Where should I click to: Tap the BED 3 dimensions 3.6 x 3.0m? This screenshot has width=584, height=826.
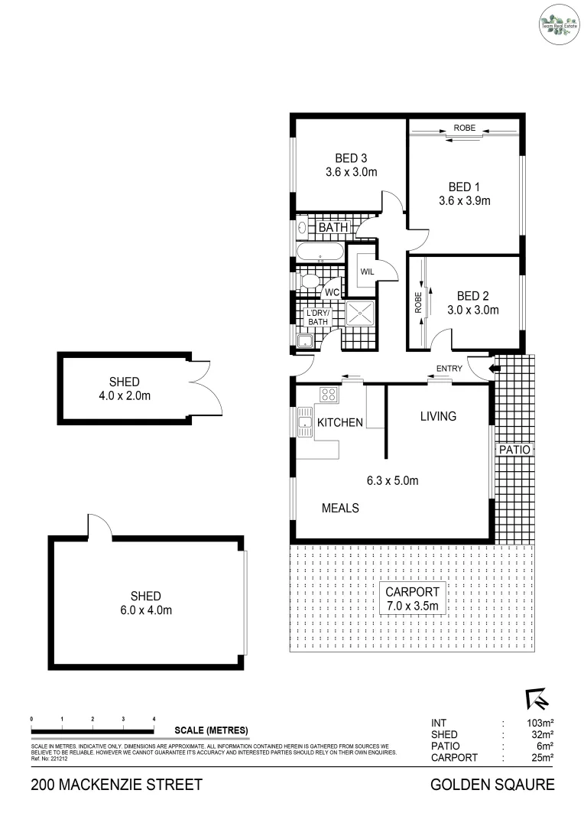[351, 172]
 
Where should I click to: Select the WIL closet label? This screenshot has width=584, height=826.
[366, 272]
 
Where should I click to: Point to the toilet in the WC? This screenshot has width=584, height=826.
[310, 284]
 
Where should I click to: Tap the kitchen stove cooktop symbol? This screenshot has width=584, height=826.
[329, 395]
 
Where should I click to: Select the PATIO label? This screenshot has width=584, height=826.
[514, 450]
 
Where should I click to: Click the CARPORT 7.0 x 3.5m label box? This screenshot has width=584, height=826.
[412, 599]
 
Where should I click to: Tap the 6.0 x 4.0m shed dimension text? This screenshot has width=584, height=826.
[145, 610]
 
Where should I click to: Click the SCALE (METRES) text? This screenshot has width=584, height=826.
[211, 730]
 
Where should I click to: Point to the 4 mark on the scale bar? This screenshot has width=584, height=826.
[154, 720]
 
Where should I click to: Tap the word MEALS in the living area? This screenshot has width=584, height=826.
[340, 508]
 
